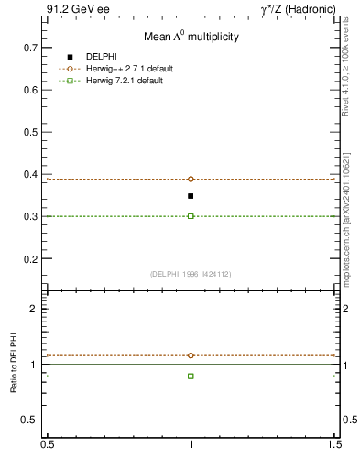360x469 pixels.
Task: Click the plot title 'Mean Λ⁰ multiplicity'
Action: point(191,37)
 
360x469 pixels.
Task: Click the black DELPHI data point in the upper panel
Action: point(191,196)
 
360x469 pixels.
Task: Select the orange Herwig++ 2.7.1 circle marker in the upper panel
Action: point(191,179)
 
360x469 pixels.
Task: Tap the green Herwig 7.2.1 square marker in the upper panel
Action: point(191,216)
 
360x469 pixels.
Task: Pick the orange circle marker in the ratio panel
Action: point(191,355)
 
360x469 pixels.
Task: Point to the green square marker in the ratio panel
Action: point(191,376)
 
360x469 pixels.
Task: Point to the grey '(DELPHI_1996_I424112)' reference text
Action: point(191,274)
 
